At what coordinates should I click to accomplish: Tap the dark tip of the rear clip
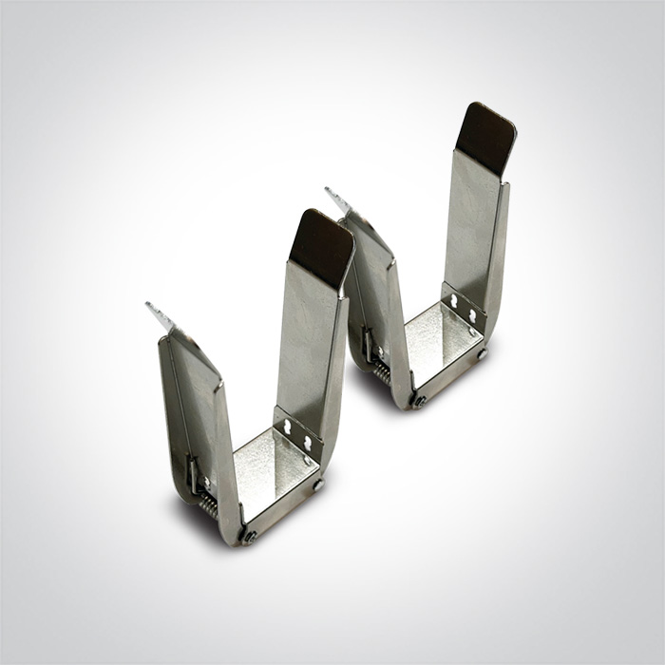click(485, 138)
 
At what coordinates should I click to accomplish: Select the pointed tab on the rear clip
click(336, 199)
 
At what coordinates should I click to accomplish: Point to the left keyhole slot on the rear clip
click(454, 302)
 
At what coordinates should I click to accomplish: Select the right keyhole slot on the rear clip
click(472, 314)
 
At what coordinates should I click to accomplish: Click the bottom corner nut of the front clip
click(250, 537)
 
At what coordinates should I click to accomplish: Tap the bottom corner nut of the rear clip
click(419, 401)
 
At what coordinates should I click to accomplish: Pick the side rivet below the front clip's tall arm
click(318, 484)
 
